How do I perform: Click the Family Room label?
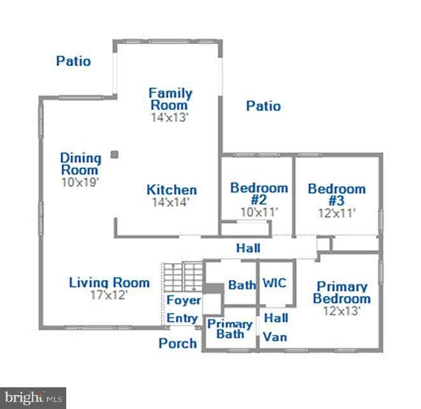click(171, 99)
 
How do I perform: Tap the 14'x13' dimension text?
click(169, 117)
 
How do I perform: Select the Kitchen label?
click(172, 190)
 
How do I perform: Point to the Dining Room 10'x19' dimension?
click(80, 182)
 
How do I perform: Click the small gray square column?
click(115, 154)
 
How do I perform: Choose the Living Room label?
click(110, 283)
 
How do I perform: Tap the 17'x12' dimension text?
click(109, 295)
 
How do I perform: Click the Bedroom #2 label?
click(259, 193)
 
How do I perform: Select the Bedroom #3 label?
click(337, 195)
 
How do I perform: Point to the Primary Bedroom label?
click(342, 293)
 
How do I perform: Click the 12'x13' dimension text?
click(341, 311)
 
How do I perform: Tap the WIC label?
click(275, 283)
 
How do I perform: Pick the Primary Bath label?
click(230, 329)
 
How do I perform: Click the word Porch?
click(178, 343)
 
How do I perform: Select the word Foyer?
click(183, 300)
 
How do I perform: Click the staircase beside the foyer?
click(183, 276)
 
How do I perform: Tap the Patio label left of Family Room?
click(73, 61)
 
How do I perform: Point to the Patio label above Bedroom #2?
click(264, 106)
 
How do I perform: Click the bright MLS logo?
click(33, 398)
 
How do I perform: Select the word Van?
click(275, 337)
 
